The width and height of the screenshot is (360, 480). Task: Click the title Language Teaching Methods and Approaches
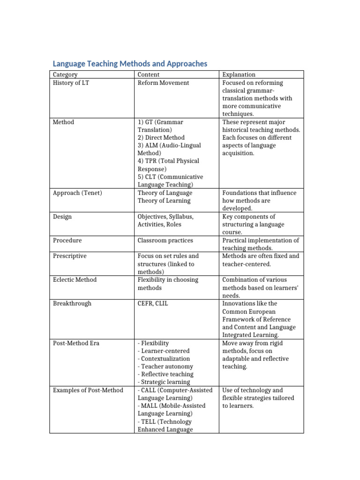pyautogui.click(x=129, y=64)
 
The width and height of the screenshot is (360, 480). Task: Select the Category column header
pyautogui.click(x=65, y=75)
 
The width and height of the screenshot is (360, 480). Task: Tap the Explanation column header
pyautogui.click(x=239, y=75)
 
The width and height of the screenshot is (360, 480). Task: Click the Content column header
pyautogui.click(x=149, y=75)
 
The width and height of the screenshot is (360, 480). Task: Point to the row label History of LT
pyautogui.click(x=71, y=83)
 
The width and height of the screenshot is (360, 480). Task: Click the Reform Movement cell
pyautogui.click(x=163, y=83)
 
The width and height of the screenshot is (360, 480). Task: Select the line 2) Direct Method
pyautogui.click(x=161, y=138)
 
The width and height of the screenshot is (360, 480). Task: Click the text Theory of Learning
pyautogui.click(x=164, y=201)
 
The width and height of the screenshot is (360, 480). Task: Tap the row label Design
pyautogui.click(x=62, y=217)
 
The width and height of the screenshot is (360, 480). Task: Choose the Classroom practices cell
pyautogui.click(x=165, y=240)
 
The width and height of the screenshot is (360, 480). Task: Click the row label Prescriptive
pyautogui.click(x=70, y=256)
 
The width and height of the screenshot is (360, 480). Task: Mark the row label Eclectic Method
pyautogui.click(x=75, y=280)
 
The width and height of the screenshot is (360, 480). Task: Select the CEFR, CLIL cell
pyautogui.click(x=153, y=304)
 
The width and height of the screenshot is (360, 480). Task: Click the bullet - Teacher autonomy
pyautogui.click(x=165, y=367)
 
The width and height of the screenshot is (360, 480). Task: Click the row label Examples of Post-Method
pyautogui.click(x=88, y=390)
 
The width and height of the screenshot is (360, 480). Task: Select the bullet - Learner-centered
pyautogui.click(x=164, y=351)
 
